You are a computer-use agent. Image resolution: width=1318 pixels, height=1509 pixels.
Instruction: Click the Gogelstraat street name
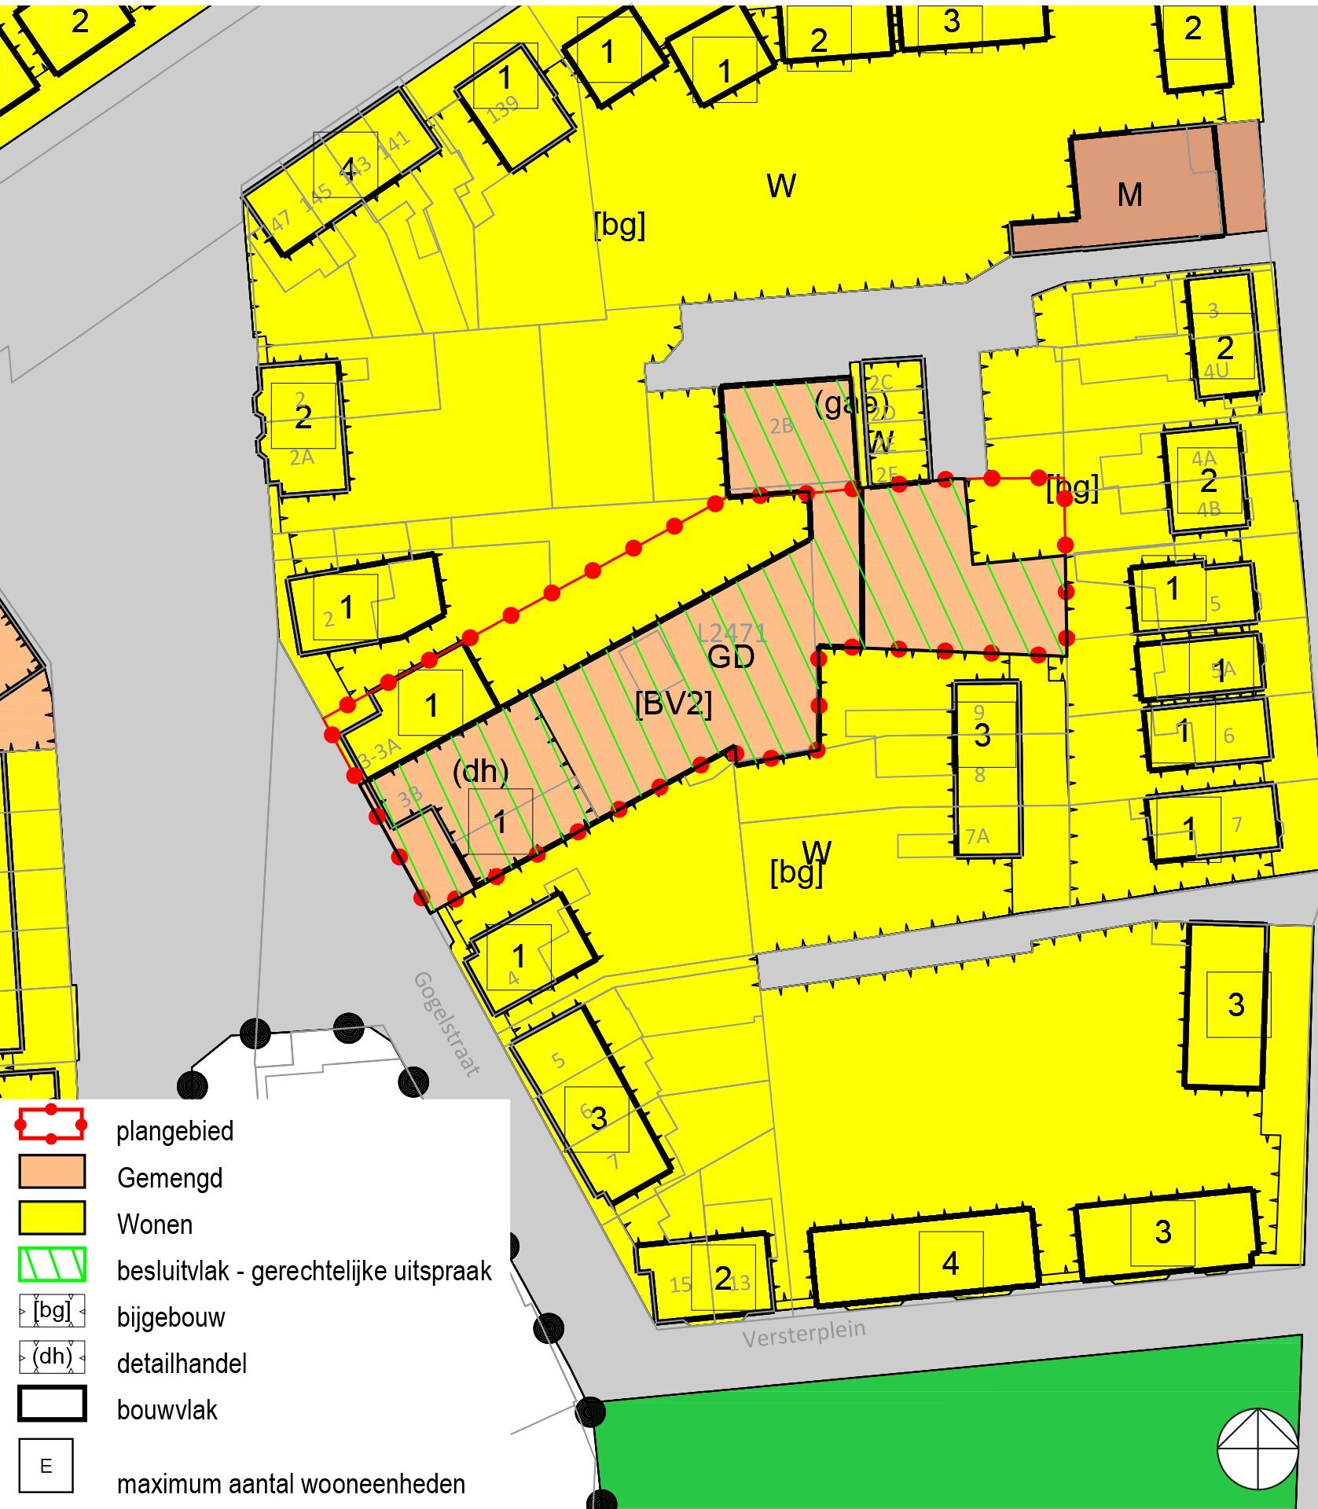pyautogui.click(x=446, y=1023)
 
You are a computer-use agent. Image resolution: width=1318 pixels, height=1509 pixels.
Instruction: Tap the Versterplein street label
pyautogui.click(x=803, y=1333)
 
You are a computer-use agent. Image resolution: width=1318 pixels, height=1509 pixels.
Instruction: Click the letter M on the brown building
pyautogui.click(x=1129, y=195)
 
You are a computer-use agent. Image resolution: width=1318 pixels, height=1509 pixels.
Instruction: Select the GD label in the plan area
pyautogui.click(x=731, y=657)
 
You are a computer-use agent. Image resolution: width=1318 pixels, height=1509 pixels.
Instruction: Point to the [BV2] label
pyautogui.click(x=673, y=704)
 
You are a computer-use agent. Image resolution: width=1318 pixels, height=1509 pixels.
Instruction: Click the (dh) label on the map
pyautogui.click(x=480, y=771)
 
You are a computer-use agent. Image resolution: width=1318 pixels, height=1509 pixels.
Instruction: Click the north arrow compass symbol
pyautogui.click(x=1257, y=1448)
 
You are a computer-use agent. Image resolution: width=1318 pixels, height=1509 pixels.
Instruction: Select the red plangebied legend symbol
pyautogui.click(x=51, y=1125)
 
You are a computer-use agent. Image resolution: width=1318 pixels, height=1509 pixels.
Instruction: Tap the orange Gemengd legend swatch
pyautogui.click(x=52, y=1171)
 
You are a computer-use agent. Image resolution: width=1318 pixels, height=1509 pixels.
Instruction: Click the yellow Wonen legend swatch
pyautogui.click(x=52, y=1217)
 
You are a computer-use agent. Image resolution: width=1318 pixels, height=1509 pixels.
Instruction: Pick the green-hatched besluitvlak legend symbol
pyautogui.click(x=52, y=1264)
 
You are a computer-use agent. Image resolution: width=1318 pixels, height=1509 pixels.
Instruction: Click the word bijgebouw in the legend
pyautogui.click(x=171, y=1317)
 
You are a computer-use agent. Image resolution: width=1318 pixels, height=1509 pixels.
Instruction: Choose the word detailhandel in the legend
pyautogui.click(x=182, y=1364)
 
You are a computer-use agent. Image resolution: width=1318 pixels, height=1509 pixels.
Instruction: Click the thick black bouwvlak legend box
pyautogui.click(x=52, y=1404)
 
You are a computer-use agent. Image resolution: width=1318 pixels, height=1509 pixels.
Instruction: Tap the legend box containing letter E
pyautogui.click(x=46, y=1465)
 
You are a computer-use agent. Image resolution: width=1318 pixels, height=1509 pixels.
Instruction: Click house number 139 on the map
pyautogui.click(x=503, y=109)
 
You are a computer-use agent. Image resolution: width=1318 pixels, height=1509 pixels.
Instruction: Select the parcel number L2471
pyautogui.click(x=731, y=631)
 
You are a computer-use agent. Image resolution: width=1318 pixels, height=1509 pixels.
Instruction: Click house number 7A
pyautogui.click(x=977, y=836)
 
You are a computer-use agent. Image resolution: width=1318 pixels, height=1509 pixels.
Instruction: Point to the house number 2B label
pyautogui.click(x=780, y=426)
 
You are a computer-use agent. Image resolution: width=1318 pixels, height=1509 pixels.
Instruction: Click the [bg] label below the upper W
pyautogui.click(x=619, y=225)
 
